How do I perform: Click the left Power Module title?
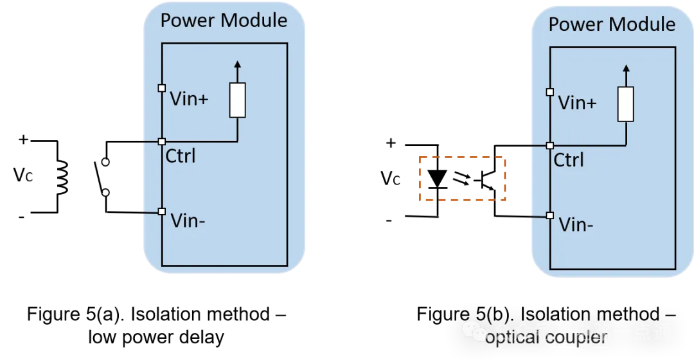coord(224,20)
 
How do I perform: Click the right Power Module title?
coord(612,24)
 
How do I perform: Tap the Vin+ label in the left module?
coord(189,99)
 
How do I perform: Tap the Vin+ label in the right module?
coord(577,103)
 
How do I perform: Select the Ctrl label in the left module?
coord(181,156)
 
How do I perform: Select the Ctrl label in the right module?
coord(569,159)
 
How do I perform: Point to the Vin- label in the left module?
coord(188,221)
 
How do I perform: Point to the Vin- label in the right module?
coord(576,224)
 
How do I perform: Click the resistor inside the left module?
coord(238,100)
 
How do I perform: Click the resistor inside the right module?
coord(626,104)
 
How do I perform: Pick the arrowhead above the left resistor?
coord(238,63)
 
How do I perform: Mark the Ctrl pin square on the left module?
coord(162,141)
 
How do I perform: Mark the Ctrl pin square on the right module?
coord(550,145)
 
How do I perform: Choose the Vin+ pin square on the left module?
coord(162,88)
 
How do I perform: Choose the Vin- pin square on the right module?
coord(550,215)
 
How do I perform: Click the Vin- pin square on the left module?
coord(162,212)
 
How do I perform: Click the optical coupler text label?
coord(546,337)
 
